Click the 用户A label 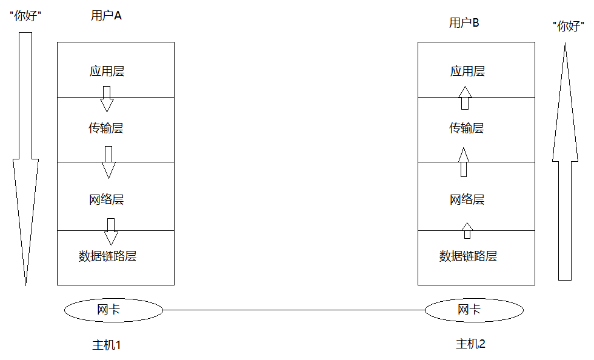[x=106, y=16]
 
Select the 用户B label [x=464, y=23]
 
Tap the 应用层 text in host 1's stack [x=107, y=71]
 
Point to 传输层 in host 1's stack [x=106, y=128]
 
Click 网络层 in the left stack [x=107, y=199]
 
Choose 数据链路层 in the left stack [x=108, y=256]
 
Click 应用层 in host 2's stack [x=467, y=71]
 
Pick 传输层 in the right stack [x=467, y=128]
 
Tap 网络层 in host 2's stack [x=467, y=199]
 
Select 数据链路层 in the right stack [x=468, y=256]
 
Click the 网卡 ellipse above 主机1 [x=114, y=310]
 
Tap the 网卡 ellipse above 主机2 [x=474, y=310]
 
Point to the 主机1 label [x=107, y=345]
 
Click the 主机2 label [x=470, y=344]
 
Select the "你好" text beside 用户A [x=25, y=16]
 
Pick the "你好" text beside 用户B [x=569, y=26]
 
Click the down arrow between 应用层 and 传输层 [x=107, y=99]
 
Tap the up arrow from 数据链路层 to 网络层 [x=467, y=230]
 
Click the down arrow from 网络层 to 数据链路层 [x=111, y=232]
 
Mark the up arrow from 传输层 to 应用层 [x=465, y=98]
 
